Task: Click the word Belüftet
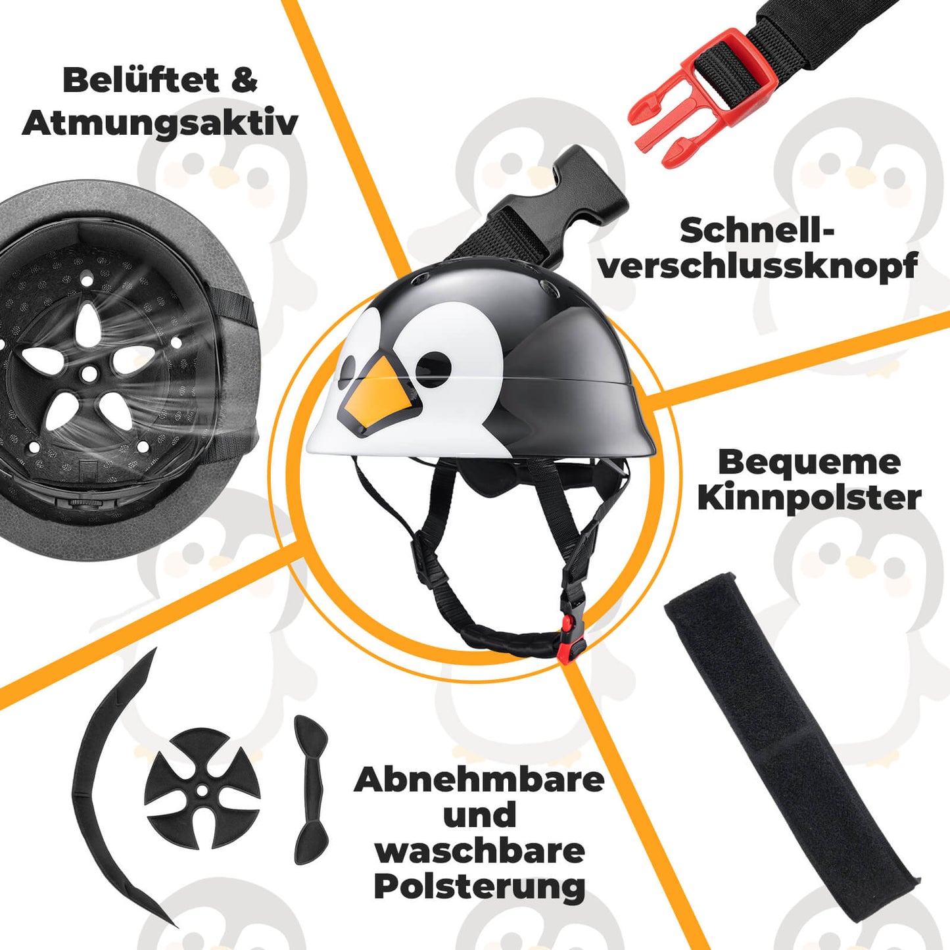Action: pos(140,81)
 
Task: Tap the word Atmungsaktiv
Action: pos(160,123)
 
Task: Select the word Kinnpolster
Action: pos(809,498)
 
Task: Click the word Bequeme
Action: pos(809,462)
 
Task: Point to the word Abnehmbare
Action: pos(479,780)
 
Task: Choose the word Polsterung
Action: pos(479,887)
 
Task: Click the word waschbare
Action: pos(479,851)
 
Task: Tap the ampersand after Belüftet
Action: pos(244,81)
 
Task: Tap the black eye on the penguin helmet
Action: pos(433,364)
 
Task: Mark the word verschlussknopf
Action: pos(757,266)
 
